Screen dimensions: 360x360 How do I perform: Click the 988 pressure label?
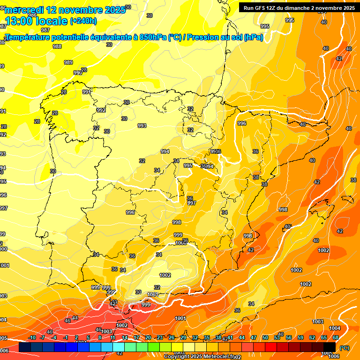pos(57,46)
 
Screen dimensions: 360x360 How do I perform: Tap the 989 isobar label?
pos(68,62)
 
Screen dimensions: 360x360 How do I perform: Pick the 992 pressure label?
pos(101,110)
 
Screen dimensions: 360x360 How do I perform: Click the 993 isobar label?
pos(142,126)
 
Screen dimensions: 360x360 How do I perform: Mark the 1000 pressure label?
pos(181,243)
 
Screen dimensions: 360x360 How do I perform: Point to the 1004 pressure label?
pos(335,328)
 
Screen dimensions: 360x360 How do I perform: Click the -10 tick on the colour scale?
pos(32,337)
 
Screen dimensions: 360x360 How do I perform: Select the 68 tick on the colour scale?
pos(336,337)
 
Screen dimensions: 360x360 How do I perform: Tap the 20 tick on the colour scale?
pos(148,337)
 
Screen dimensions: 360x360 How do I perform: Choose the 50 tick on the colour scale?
pos(265,337)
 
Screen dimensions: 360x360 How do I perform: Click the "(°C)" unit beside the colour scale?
pos(345,348)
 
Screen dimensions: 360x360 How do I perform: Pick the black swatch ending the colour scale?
pos(330,347)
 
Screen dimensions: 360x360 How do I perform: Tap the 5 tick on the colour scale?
pos(88,337)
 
